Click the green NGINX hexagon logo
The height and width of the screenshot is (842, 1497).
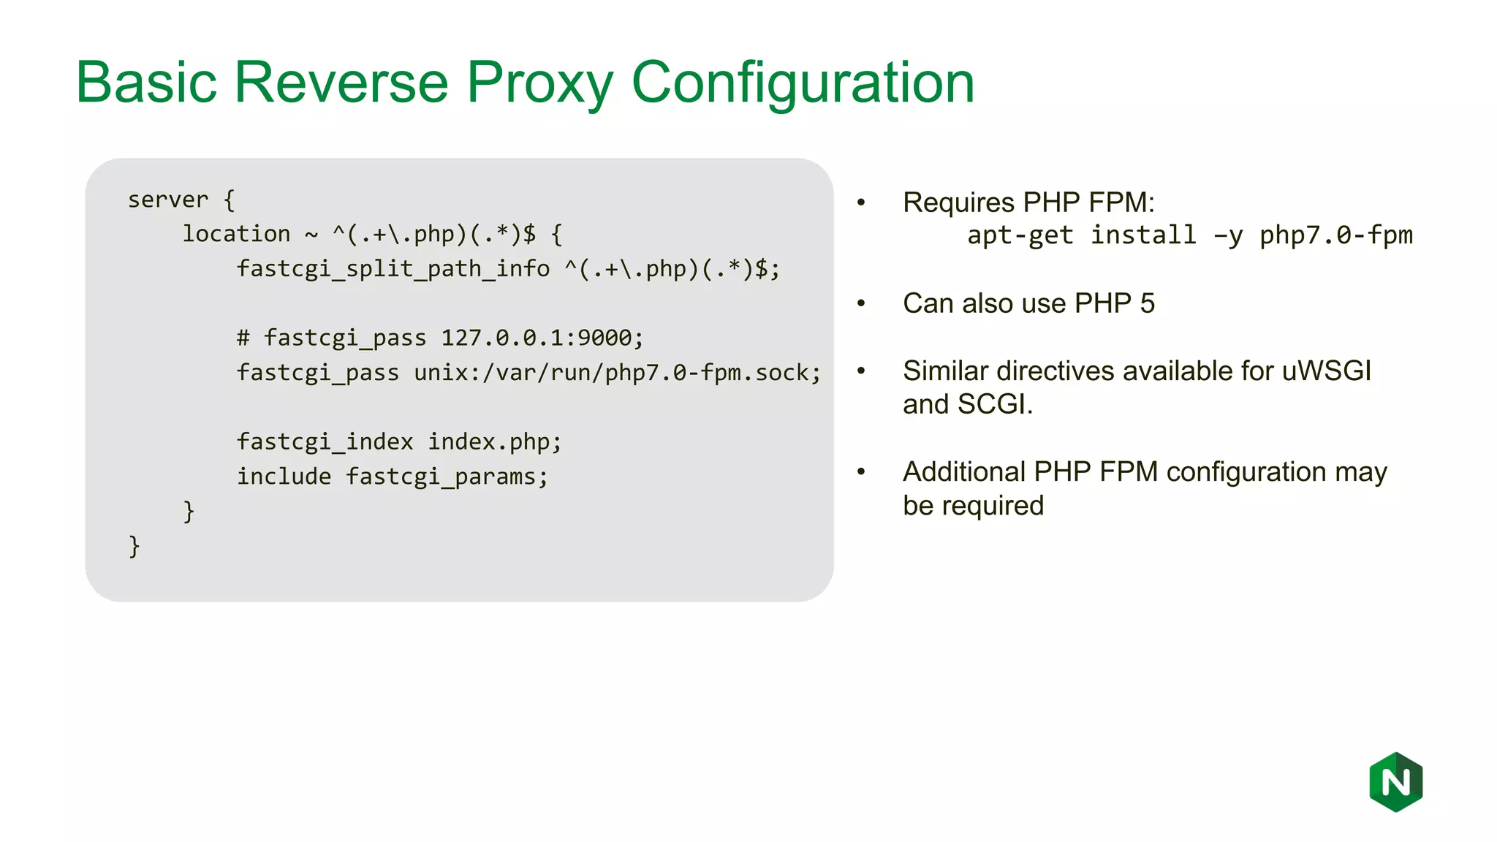[x=1395, y=782]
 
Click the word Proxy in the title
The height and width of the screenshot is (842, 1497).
[x=539, y=83]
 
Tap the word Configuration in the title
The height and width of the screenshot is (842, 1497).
[x=802, y=83]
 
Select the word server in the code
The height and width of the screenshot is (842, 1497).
[x=168, y=200]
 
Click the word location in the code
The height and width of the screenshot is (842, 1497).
[x=236, y=234]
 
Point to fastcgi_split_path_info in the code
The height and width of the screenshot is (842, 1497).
[x=393, y=269]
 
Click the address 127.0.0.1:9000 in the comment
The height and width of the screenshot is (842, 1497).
[x=536, y=338]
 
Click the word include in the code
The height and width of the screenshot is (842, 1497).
[x=284, y=477]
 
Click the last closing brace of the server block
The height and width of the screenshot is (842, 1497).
[x=134, y=546]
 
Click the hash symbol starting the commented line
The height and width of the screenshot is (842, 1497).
[x=243, y=338]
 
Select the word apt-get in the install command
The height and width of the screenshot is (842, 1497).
[x=1020, y=235]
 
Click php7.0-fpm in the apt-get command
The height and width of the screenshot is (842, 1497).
[x=1335, y=235]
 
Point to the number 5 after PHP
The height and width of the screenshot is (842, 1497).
[x=1147, y=303]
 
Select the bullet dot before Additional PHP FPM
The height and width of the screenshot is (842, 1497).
[x=861, y=471]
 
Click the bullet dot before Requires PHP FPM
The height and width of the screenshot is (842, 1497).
[x=861, y=202]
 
